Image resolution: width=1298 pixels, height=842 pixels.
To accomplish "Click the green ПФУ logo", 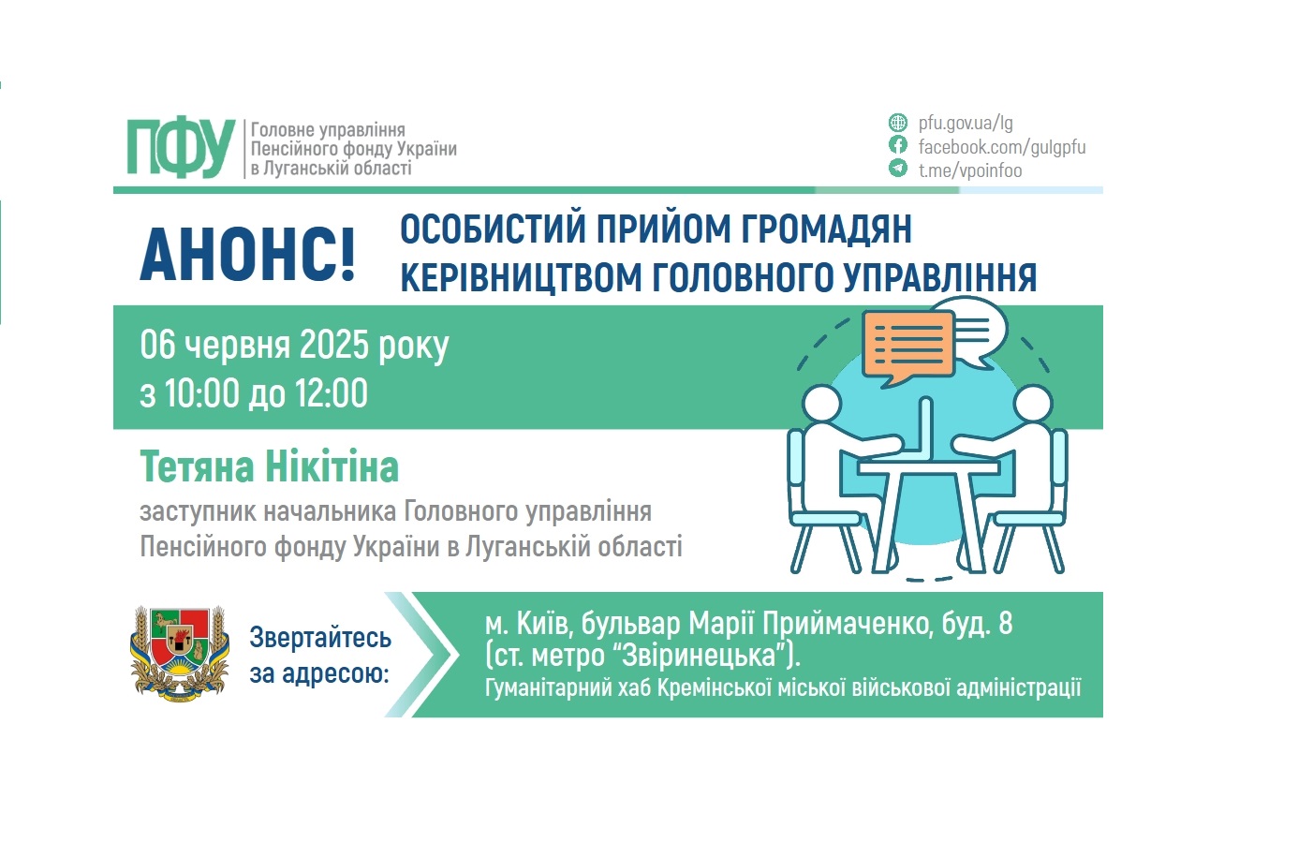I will click(180, 148).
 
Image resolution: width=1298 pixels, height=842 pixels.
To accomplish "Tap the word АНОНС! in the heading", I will click(248, 254).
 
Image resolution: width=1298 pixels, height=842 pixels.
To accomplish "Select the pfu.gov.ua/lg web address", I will click(966, 123).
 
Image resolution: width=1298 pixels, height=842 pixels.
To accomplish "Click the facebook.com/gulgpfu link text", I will click(1001, 147).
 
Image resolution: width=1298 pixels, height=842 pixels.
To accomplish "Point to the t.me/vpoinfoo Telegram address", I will click(969, 170).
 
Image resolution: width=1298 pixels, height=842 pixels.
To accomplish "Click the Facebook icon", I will click(898, 145).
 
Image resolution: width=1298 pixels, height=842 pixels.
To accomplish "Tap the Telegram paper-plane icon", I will click(898, 169).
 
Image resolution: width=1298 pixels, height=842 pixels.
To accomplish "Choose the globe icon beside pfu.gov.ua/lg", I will click(898, 123).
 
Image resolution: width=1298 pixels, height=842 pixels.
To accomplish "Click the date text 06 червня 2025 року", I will click(294, 345).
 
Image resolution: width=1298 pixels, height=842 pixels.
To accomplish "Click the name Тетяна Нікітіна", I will click(270, 466).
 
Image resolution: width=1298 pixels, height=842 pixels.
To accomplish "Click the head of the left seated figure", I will click(821, 405).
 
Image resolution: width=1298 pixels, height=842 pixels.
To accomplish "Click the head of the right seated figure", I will click(1032, 405).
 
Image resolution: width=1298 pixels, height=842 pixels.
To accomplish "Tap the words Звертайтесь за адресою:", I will click(319, 655).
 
